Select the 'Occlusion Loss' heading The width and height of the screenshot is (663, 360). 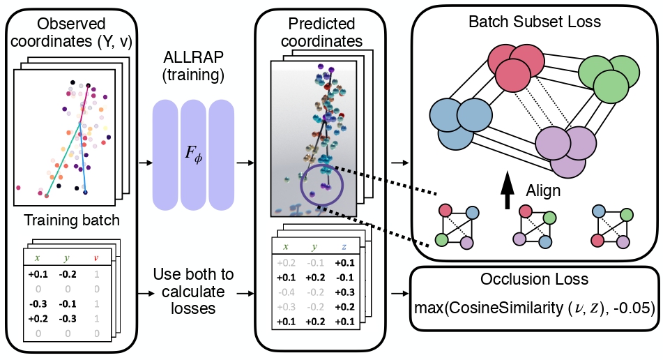534,280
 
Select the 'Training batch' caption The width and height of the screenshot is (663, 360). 72,221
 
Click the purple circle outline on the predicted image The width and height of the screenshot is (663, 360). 322,184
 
